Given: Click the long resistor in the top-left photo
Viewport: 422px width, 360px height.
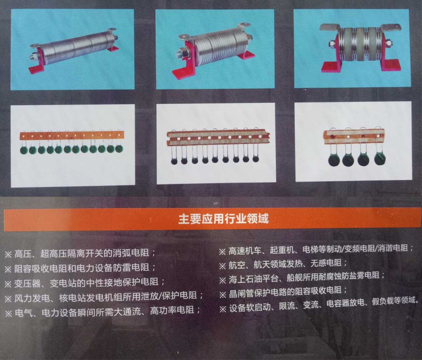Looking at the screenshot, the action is pos(74,50).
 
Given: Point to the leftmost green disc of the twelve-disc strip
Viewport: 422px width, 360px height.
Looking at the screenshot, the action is pos(24,150).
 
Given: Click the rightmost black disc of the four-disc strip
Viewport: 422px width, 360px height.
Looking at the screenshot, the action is pos(380,159).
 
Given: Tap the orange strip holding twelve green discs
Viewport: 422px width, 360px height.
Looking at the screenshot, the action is pos(72,135).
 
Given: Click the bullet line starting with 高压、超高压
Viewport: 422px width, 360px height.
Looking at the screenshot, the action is pos(80,253).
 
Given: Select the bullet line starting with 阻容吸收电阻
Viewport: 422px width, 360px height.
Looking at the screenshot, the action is pos(80,268).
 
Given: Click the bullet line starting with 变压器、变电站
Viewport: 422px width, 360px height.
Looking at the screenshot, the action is pos(84,282).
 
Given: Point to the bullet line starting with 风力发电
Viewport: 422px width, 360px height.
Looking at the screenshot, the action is pos(104,297).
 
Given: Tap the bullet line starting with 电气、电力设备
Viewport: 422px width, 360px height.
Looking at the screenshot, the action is pos(102,311).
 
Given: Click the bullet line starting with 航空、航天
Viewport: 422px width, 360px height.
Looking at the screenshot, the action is pos(283,264).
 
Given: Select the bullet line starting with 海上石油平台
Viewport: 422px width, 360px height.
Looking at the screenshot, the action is pos(302,278).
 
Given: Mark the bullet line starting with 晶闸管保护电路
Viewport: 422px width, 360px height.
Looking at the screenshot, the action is pos(283,292).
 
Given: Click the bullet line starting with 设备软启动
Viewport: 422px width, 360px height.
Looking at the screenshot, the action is pos(319,305).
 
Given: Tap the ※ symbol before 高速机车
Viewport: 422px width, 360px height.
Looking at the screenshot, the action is pos(222,251).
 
